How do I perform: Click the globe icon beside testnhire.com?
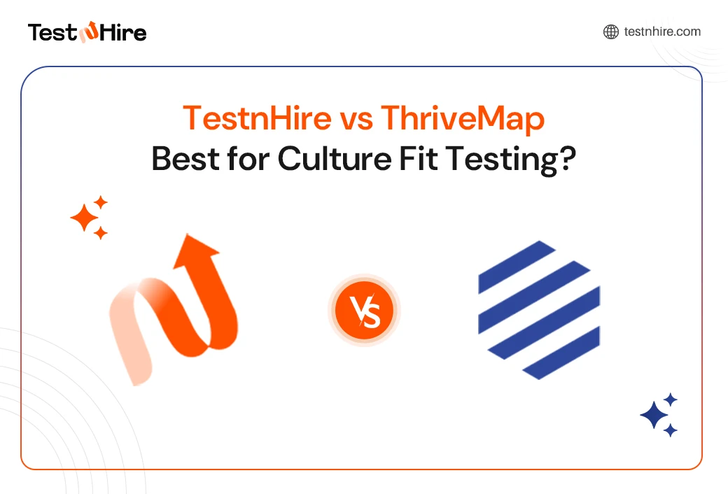pyautogui.click(x=611, y=31)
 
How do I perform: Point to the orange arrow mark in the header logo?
pyautogui.click(x=90, y=32)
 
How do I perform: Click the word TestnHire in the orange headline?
pyautogui.click(x=257, y=119)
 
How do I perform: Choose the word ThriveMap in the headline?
pyautogui.click(x=463, y=119)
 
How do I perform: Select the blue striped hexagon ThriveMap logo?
pyautogui.click(x=539, y=309)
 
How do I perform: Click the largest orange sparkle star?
pyautogui.click(x=85, y=218)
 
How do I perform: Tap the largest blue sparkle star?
pyautogui.click(x=654, y=415)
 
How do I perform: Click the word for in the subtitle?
pyautogui.click(x=244, y=159)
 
